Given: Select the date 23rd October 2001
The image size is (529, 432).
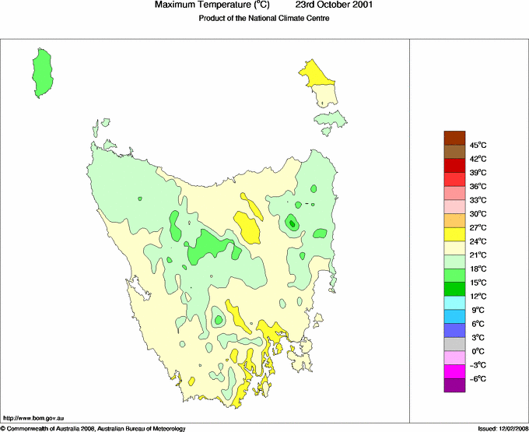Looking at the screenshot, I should (x=335, y=5).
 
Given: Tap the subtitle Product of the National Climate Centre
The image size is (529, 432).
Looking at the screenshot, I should (x=264, y=19).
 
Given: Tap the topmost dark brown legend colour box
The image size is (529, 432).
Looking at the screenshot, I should (x=454, y=138).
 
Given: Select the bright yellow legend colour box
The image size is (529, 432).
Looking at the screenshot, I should (x=454, y=234).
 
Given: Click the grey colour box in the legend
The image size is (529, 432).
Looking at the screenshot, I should (x=454, y=344).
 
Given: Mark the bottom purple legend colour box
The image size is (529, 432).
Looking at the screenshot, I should (x=454, y=385).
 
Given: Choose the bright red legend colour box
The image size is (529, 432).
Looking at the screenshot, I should (x=454, y=165).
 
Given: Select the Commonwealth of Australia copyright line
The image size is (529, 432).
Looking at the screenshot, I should (x=93, y=428).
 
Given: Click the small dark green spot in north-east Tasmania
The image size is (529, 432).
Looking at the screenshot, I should (x=292, y=223).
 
